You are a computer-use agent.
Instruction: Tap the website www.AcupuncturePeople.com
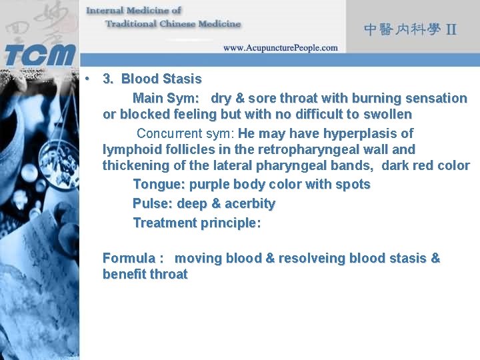coord(280,48)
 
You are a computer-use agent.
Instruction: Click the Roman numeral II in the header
coord(451,29)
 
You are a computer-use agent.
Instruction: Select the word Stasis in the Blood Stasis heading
coord(180,79)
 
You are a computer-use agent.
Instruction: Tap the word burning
coord(373,98)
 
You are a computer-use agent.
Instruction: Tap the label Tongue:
coord(159,184)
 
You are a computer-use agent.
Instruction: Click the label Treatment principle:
coord(197,223)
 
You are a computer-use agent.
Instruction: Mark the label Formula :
coord(133,258)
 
